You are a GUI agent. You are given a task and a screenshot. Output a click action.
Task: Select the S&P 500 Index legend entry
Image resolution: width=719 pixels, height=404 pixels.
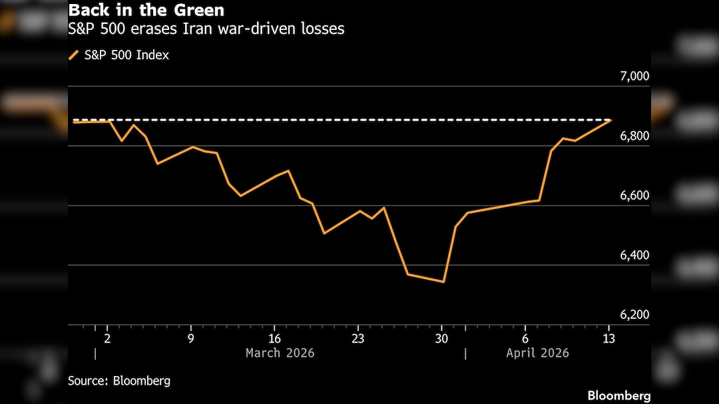(126, 55)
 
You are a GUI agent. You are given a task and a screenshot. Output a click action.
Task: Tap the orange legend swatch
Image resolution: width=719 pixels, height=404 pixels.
(73, 55)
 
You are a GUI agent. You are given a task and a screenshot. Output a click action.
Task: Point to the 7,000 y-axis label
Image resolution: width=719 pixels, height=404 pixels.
(634, 76)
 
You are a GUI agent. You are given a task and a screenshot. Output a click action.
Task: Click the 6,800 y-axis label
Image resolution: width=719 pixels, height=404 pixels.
(634, 136)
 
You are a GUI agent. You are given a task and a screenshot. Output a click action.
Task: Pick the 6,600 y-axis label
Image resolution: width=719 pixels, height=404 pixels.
(634, 196)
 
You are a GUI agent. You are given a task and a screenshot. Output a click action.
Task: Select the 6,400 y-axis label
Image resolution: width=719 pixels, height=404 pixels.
(634, 256)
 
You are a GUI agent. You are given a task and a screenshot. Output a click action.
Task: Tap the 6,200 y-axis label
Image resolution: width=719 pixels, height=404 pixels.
(634, 315)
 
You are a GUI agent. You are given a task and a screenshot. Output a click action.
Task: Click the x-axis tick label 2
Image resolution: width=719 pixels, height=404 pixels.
(107, 338)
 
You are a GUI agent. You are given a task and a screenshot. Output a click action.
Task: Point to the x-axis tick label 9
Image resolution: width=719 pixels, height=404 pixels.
(191, 338)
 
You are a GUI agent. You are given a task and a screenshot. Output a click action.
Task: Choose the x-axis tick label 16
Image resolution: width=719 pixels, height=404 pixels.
(274, 338)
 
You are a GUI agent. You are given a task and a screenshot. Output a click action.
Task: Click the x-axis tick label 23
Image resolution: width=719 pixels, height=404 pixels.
(358, 338)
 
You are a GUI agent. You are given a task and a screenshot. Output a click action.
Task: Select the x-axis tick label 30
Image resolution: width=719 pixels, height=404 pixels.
(441, 338)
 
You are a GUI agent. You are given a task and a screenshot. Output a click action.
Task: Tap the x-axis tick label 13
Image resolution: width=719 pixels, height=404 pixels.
(608, 338)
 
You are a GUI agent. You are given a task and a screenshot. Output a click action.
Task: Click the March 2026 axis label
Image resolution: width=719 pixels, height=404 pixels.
(280, 353)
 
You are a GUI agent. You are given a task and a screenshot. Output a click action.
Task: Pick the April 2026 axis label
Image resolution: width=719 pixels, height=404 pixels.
(537, 353)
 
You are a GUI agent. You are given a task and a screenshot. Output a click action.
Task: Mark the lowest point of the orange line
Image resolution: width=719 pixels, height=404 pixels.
(443, 282)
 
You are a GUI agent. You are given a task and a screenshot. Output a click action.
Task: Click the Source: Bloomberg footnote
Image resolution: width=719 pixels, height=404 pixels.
(119, 381)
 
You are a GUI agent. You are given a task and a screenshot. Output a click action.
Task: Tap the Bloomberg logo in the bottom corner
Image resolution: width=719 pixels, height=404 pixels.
(618, 395)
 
